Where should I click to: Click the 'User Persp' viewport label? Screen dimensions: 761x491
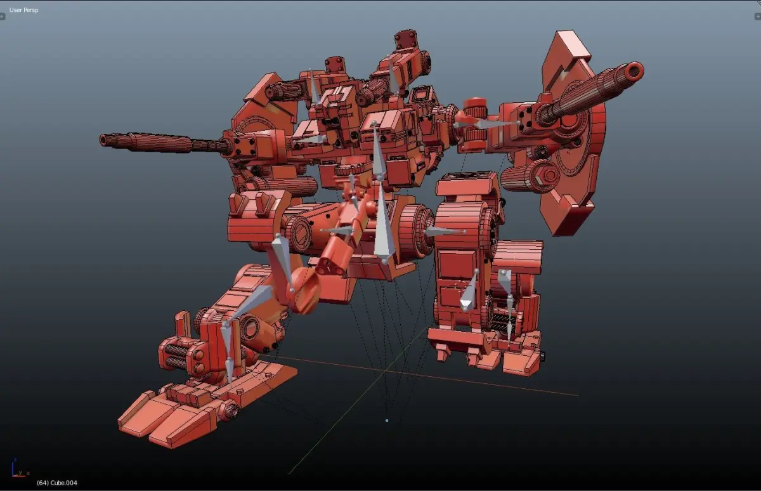click(23, 10)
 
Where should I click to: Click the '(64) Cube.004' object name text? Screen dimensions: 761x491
click(56, 483)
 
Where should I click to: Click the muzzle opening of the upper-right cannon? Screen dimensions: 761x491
click(634, 72)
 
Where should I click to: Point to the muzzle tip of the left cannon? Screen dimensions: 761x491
click(103, 140)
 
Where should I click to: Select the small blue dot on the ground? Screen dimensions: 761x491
click(387, 421)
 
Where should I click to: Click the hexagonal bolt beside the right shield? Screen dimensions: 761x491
click(549, 175)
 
